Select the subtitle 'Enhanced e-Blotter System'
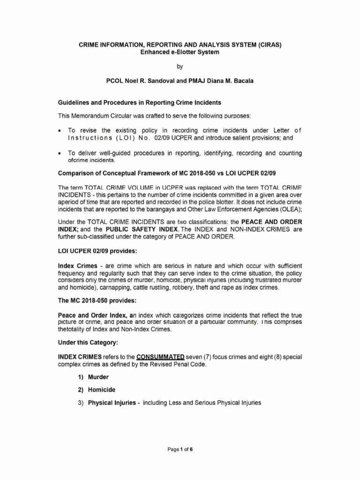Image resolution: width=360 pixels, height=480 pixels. click(180, 52)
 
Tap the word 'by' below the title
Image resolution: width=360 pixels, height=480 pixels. click(180, 67)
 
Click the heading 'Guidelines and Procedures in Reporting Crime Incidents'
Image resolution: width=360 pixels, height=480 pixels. click(139, 103)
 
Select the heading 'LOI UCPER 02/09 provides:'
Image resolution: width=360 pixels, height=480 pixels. click(97, 251)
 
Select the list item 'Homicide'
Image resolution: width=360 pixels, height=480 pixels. click(105, 390)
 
